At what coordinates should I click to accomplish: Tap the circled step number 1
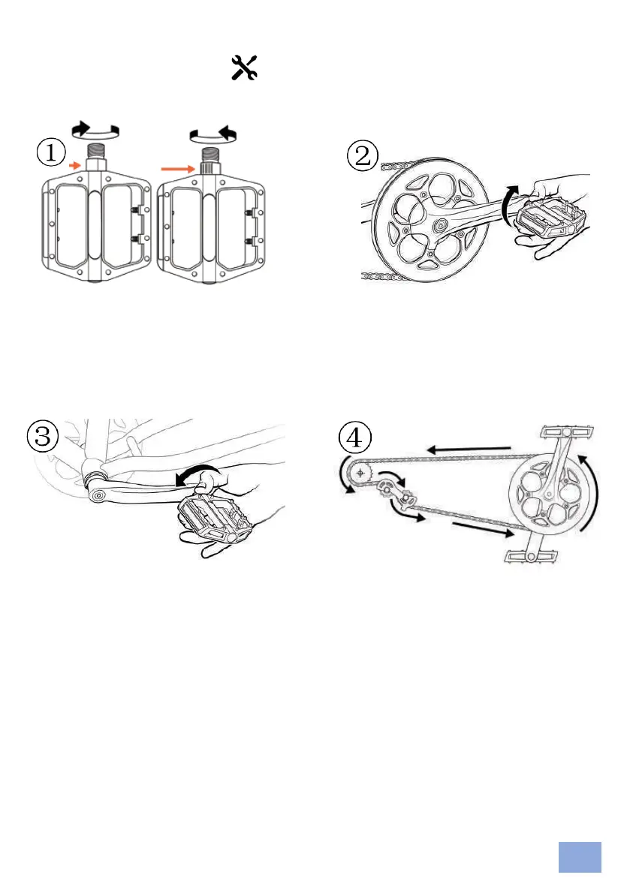[x=51, y=154]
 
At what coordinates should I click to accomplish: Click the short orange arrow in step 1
[x=73, y=163]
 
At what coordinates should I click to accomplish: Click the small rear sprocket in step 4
[x=362, y=473]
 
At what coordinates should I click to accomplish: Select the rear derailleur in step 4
[x=396, y=492]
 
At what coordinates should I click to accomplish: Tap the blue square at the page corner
[x=580, y=857]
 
